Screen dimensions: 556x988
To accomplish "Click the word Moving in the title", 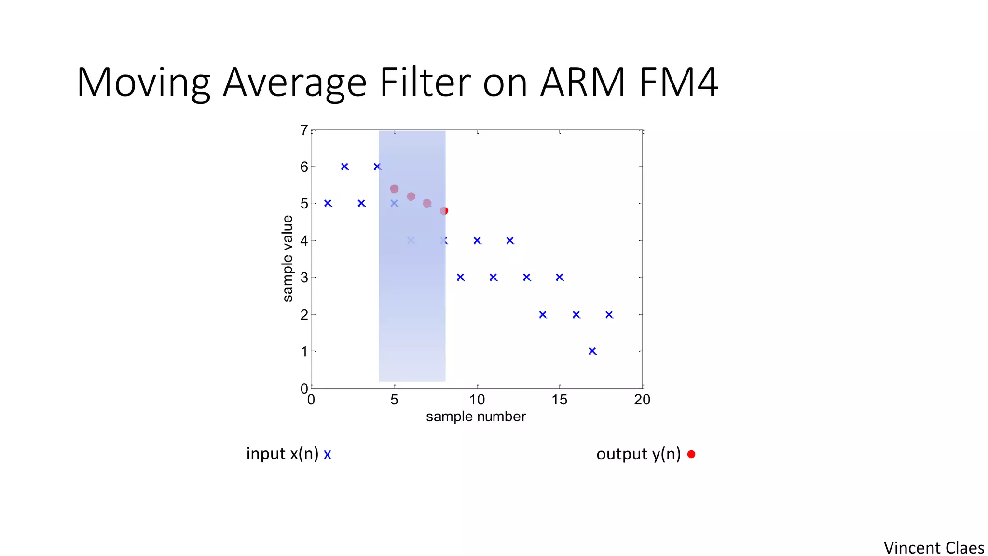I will [143, 83].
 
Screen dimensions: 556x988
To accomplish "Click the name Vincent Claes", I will [933, 548].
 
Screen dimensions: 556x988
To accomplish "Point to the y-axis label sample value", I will [288, 259].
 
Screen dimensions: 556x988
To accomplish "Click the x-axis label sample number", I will [476, 417].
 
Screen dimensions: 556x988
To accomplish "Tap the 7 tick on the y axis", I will [304, 130].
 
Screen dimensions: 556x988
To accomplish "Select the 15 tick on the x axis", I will [560, 400].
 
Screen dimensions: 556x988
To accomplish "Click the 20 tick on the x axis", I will [642, 400].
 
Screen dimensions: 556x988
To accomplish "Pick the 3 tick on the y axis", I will [304, 278].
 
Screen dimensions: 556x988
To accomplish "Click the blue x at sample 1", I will [328, 203].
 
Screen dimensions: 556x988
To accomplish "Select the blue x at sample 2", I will [344, 167].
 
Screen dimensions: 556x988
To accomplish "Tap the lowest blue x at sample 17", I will [592, 351].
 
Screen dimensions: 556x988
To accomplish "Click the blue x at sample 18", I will [609, 315].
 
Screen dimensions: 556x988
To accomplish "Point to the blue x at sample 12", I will [510, 240].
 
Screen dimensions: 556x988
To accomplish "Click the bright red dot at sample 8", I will [444, 211].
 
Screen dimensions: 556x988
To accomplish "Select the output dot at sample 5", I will [394, 189].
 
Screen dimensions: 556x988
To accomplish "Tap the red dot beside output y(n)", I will [691, 454].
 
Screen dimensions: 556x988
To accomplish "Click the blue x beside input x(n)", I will [328, 455].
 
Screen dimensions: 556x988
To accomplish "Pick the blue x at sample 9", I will [460, 278].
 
